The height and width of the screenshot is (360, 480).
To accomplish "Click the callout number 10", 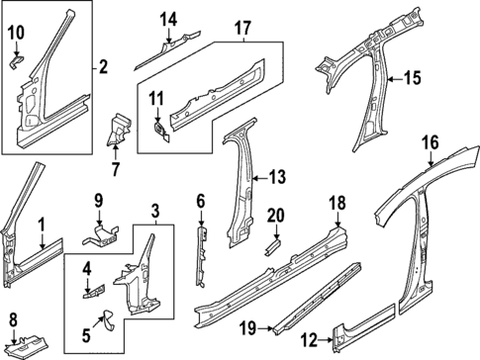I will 16,35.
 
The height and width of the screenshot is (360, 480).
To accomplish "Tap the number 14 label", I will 168,19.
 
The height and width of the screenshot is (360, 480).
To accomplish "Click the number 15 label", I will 412,76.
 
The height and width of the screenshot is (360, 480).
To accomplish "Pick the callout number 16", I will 429,143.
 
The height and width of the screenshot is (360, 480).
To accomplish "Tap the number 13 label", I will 276,177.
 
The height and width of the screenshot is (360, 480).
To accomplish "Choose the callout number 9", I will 98,200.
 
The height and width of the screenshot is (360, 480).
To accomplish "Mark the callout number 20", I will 276,216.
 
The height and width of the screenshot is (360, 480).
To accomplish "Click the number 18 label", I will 336,204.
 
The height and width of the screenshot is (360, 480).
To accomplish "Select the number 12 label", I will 308,339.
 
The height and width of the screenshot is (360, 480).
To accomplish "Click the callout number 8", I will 13,318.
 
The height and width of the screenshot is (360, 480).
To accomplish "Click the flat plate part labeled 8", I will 32,345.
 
